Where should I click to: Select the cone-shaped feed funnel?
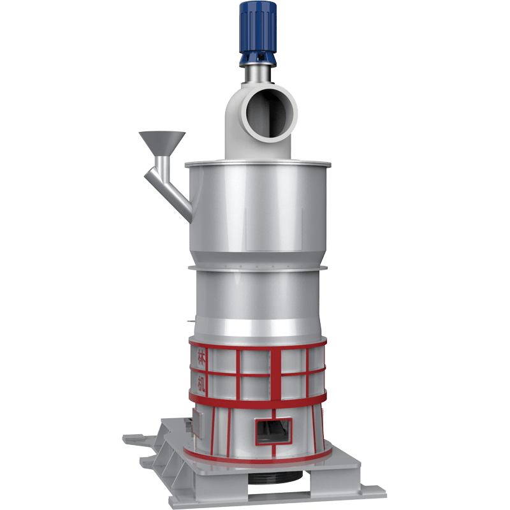[162, 143]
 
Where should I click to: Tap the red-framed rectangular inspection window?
[274, 432]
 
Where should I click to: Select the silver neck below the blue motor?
[258, 75]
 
